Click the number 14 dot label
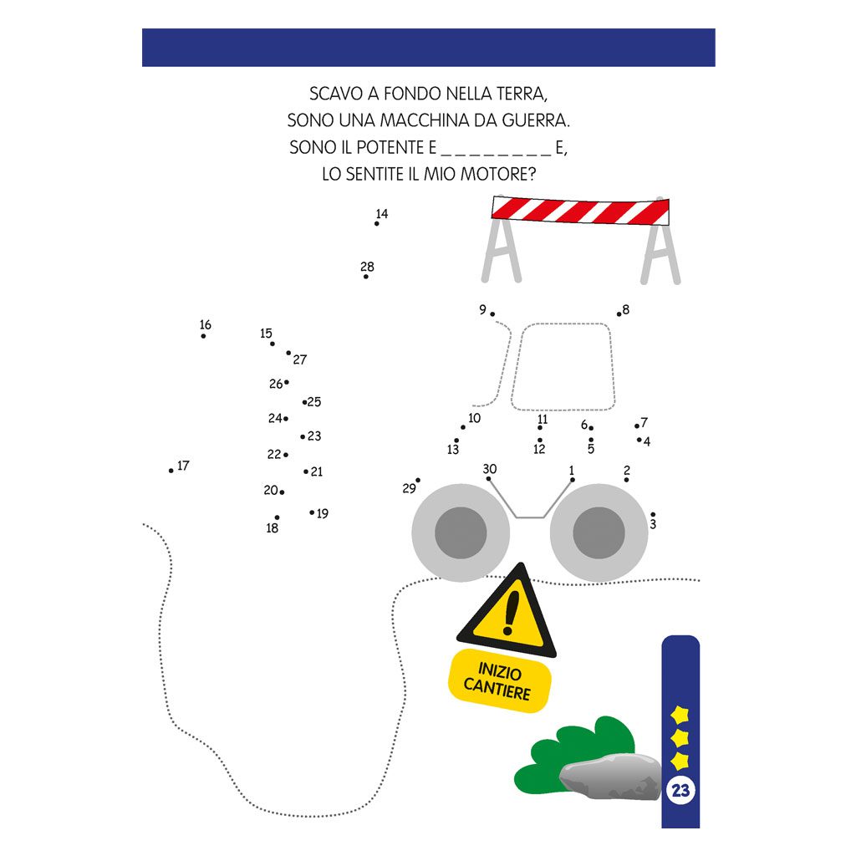[381, 213]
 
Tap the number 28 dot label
[367, 267]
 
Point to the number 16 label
[206, 325]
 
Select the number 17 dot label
[183, 465]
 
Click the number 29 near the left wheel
[409, 488]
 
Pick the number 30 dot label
[490, 468]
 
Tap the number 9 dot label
[482, 309]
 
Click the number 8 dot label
[625, 309]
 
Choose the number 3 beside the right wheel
[653, 524]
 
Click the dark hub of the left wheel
[461, 532]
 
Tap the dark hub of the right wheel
[599, 532]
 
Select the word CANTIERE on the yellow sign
[497, 689]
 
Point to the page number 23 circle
[680, 790]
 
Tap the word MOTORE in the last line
[498, 174]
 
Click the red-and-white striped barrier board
[580, 211]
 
